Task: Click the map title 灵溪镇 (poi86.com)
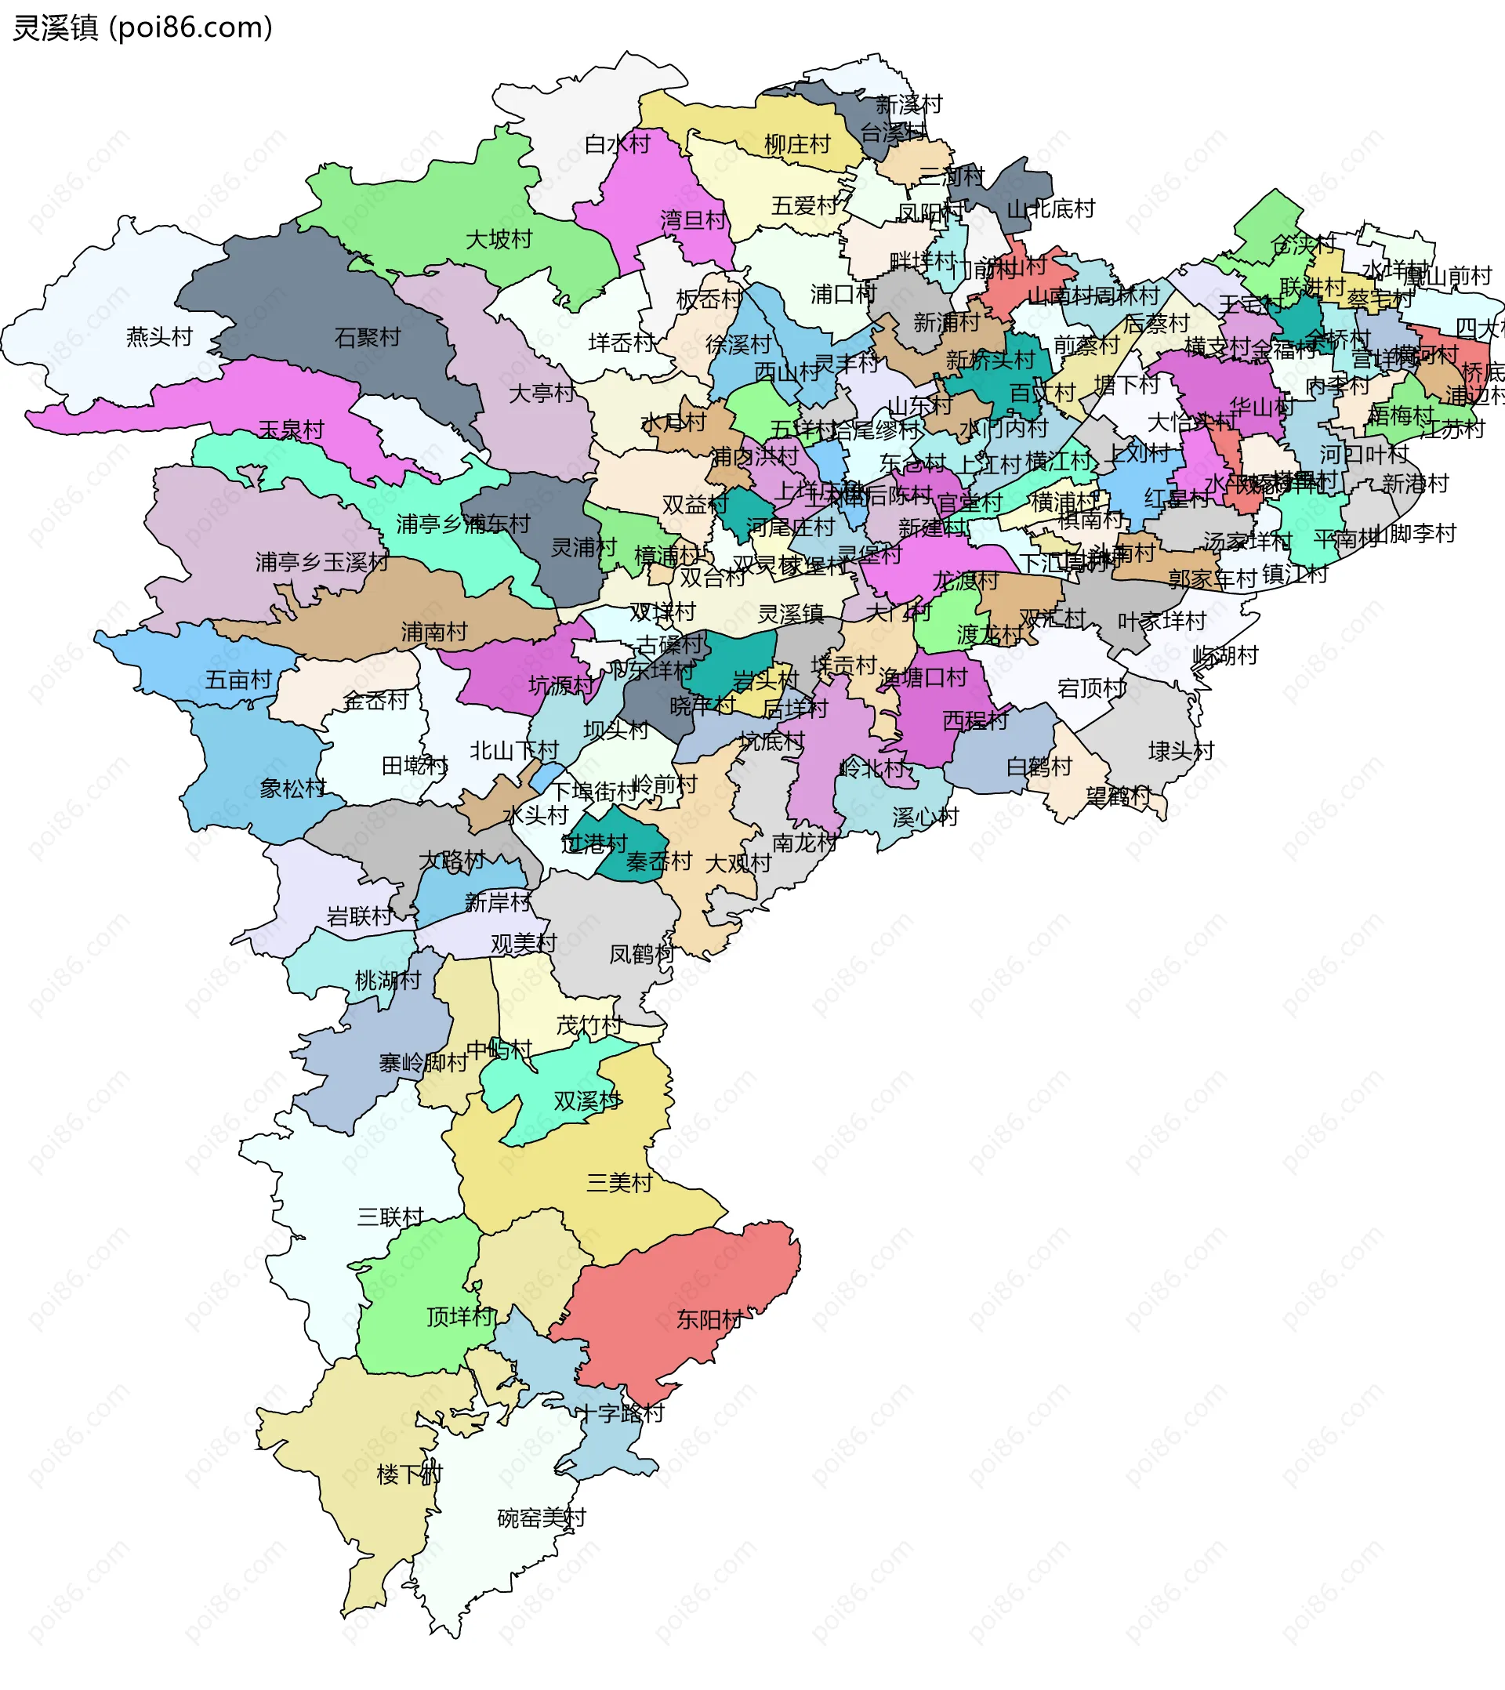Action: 142,28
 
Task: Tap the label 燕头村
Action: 159,336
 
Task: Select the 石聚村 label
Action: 367,337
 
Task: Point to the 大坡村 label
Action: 499,240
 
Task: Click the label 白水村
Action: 617,145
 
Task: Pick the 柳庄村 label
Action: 797,145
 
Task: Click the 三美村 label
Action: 619,1183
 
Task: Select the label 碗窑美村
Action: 541,1518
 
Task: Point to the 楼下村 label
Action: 409,1474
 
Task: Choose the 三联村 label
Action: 390,1217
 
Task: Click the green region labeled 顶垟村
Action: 413,1298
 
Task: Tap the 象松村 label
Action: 292,788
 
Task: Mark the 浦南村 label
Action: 434,633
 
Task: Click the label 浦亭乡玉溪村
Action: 321,562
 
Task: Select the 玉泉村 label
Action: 291,430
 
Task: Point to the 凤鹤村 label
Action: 642,955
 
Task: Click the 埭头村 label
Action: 1180,751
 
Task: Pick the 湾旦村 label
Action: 693,220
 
